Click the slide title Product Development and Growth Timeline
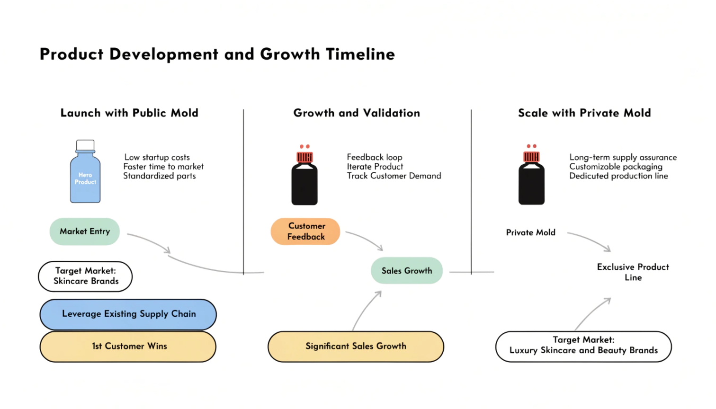coord(217,54)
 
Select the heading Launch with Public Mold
coord(129,113)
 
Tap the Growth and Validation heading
coord(357,113)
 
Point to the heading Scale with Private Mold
coord(584,113)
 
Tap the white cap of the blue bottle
coord(85,144)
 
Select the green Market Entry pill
coord(85,231)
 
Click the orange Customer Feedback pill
coord(305,231)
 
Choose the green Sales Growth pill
coord(407,271)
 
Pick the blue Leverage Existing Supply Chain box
coord(128,314)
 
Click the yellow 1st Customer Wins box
coord(128,347)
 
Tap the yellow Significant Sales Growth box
coord(356,347)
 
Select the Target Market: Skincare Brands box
coord(85,276)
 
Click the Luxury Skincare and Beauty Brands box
coord(583,347)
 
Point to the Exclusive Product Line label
coord(633,272)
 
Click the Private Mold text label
coord(530,232)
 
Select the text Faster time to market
coord(163,167)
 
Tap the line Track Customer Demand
coord(394,176)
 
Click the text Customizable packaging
coord(616,167)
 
